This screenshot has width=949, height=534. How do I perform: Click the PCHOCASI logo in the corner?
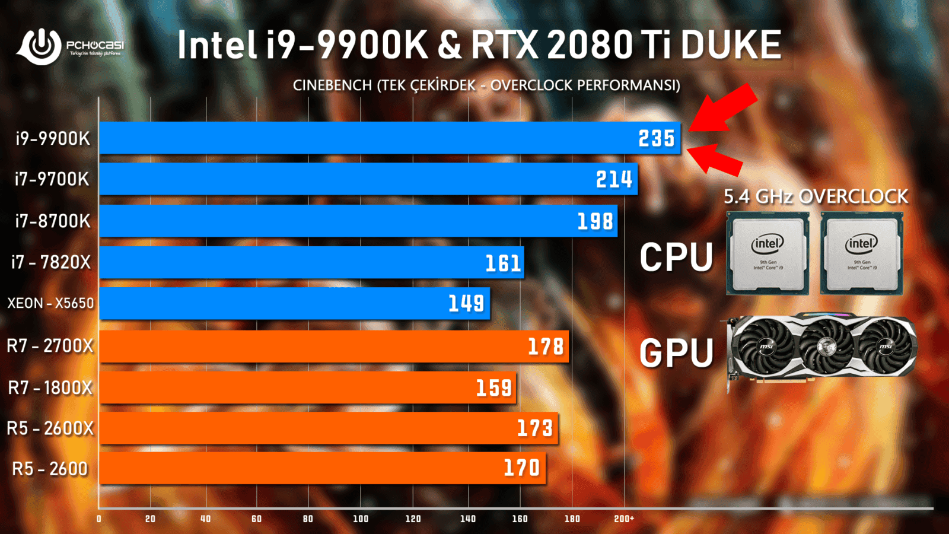69,45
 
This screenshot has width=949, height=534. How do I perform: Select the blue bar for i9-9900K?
368,138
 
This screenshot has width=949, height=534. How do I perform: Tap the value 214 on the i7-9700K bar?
614,179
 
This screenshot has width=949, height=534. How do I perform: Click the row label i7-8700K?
53,221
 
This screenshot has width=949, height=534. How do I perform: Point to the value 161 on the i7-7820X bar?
503,263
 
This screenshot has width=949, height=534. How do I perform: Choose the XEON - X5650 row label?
50,303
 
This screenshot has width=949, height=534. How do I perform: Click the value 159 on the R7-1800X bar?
493,388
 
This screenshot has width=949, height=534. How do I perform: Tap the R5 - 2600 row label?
50,469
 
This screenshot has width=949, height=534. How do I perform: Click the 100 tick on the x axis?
361,519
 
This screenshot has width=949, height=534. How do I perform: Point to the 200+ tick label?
624,519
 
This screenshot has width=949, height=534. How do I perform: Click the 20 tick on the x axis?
151,519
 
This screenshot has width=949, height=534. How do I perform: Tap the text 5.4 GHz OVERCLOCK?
816,196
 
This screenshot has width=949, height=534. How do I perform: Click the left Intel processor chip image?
768,253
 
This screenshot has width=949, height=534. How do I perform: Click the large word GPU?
676,353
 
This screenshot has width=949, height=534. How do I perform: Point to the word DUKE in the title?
731,45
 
